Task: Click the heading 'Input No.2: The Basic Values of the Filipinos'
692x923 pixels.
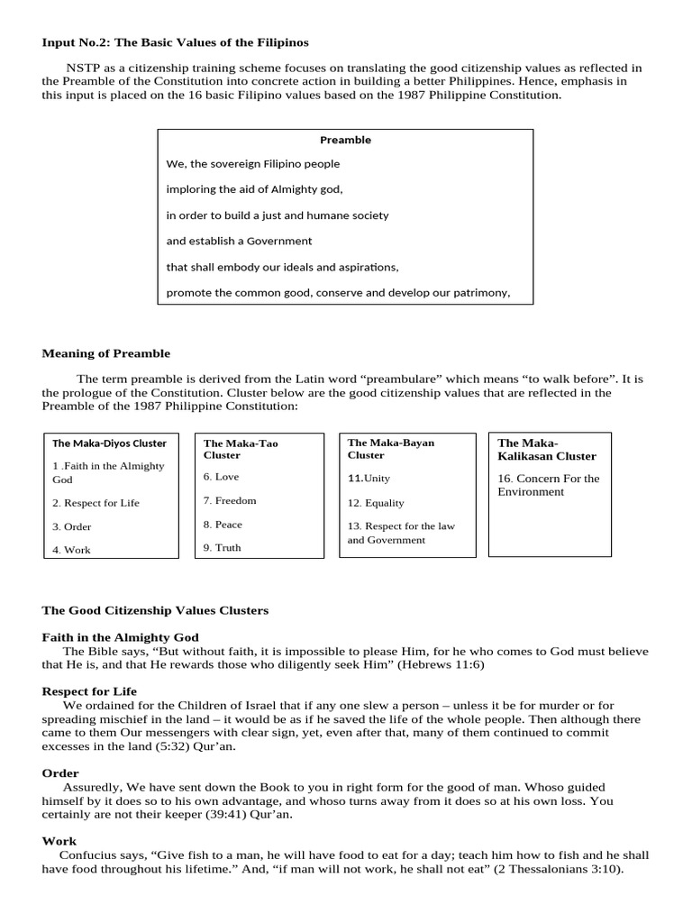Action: pyautogui.click(x=176, y=42)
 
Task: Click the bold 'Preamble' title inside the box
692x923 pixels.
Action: pyautogui.click(x=345, y=140)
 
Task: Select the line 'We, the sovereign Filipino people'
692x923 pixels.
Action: pyautogui.click(x=253, y=164)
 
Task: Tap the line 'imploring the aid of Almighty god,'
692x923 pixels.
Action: pyautogui.click(x=255, y=189)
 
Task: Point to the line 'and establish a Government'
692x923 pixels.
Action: pyautogui.click(x=239, y=241)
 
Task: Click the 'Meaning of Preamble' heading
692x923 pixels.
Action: pyautogui.click(x=105, y=353)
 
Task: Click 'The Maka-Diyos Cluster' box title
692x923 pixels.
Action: pyautogui.click(x=109, y=443)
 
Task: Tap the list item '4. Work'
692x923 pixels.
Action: pyautogui.click(x=71, y=550)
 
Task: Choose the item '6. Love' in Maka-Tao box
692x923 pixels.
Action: pyautogui.click(x=221, y=477)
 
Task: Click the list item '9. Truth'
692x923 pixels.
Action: pyautogui.click(x=222, y=547)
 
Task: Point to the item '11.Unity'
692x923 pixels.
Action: pyautogui.click(x=369, y=479)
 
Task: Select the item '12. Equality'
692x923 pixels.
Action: pyautogui.click(x=376, y=503)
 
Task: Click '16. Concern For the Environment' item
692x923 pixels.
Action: pyautogui.click(x=548, y=485)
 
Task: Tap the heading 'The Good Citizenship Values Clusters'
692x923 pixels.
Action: pyautogui.click(x=155, y=610)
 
